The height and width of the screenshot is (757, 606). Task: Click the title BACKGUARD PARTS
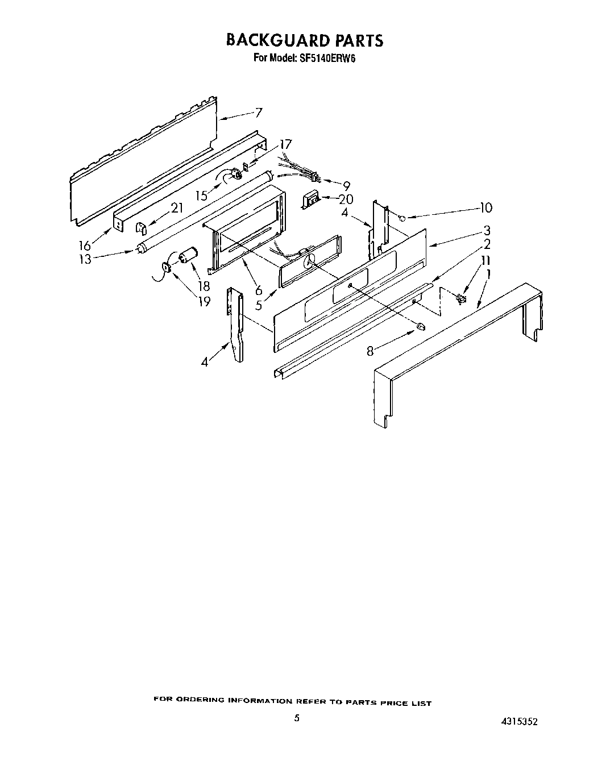tap(305, 40)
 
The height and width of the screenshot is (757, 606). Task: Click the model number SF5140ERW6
tap(322, 57)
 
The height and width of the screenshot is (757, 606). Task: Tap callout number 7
tap(259, 113)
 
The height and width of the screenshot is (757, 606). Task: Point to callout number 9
tap(346, 185)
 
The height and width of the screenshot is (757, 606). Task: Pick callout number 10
tap(485, 208)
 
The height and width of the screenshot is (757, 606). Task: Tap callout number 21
tap(177, 208)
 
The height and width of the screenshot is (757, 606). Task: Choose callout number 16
tap(85, 246)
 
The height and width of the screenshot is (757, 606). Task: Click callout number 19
tap(203, 301)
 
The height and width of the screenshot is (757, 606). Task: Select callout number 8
tap(371, 352)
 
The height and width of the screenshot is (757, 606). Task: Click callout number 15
tap(202, 196)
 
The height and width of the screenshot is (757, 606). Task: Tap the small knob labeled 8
tap(421, 326)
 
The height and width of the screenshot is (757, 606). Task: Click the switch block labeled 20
tap(310, 200)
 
